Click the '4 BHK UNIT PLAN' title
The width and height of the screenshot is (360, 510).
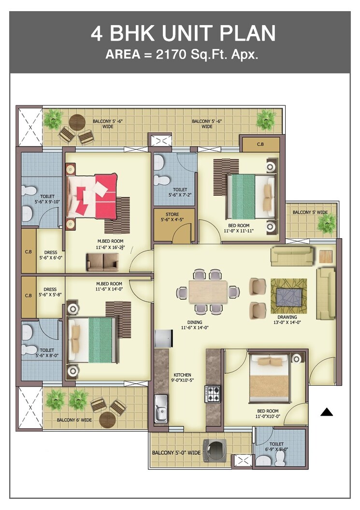183,33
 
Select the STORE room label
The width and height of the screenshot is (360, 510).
172,217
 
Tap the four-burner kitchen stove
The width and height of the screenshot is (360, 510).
213,393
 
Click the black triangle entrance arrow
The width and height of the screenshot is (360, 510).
327,412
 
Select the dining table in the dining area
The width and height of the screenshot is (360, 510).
208,291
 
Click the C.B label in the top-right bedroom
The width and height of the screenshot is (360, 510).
260,145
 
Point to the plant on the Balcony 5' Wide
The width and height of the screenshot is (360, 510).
327,223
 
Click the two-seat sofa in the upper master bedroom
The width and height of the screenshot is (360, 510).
102,262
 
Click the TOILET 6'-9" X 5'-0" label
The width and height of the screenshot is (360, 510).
276,446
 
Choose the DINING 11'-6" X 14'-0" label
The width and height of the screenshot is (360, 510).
195,325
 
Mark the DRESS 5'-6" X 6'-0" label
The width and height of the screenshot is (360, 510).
50,255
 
